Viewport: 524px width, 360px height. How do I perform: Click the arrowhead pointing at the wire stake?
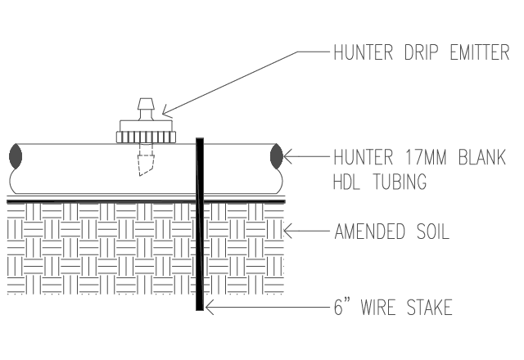point(210,308)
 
